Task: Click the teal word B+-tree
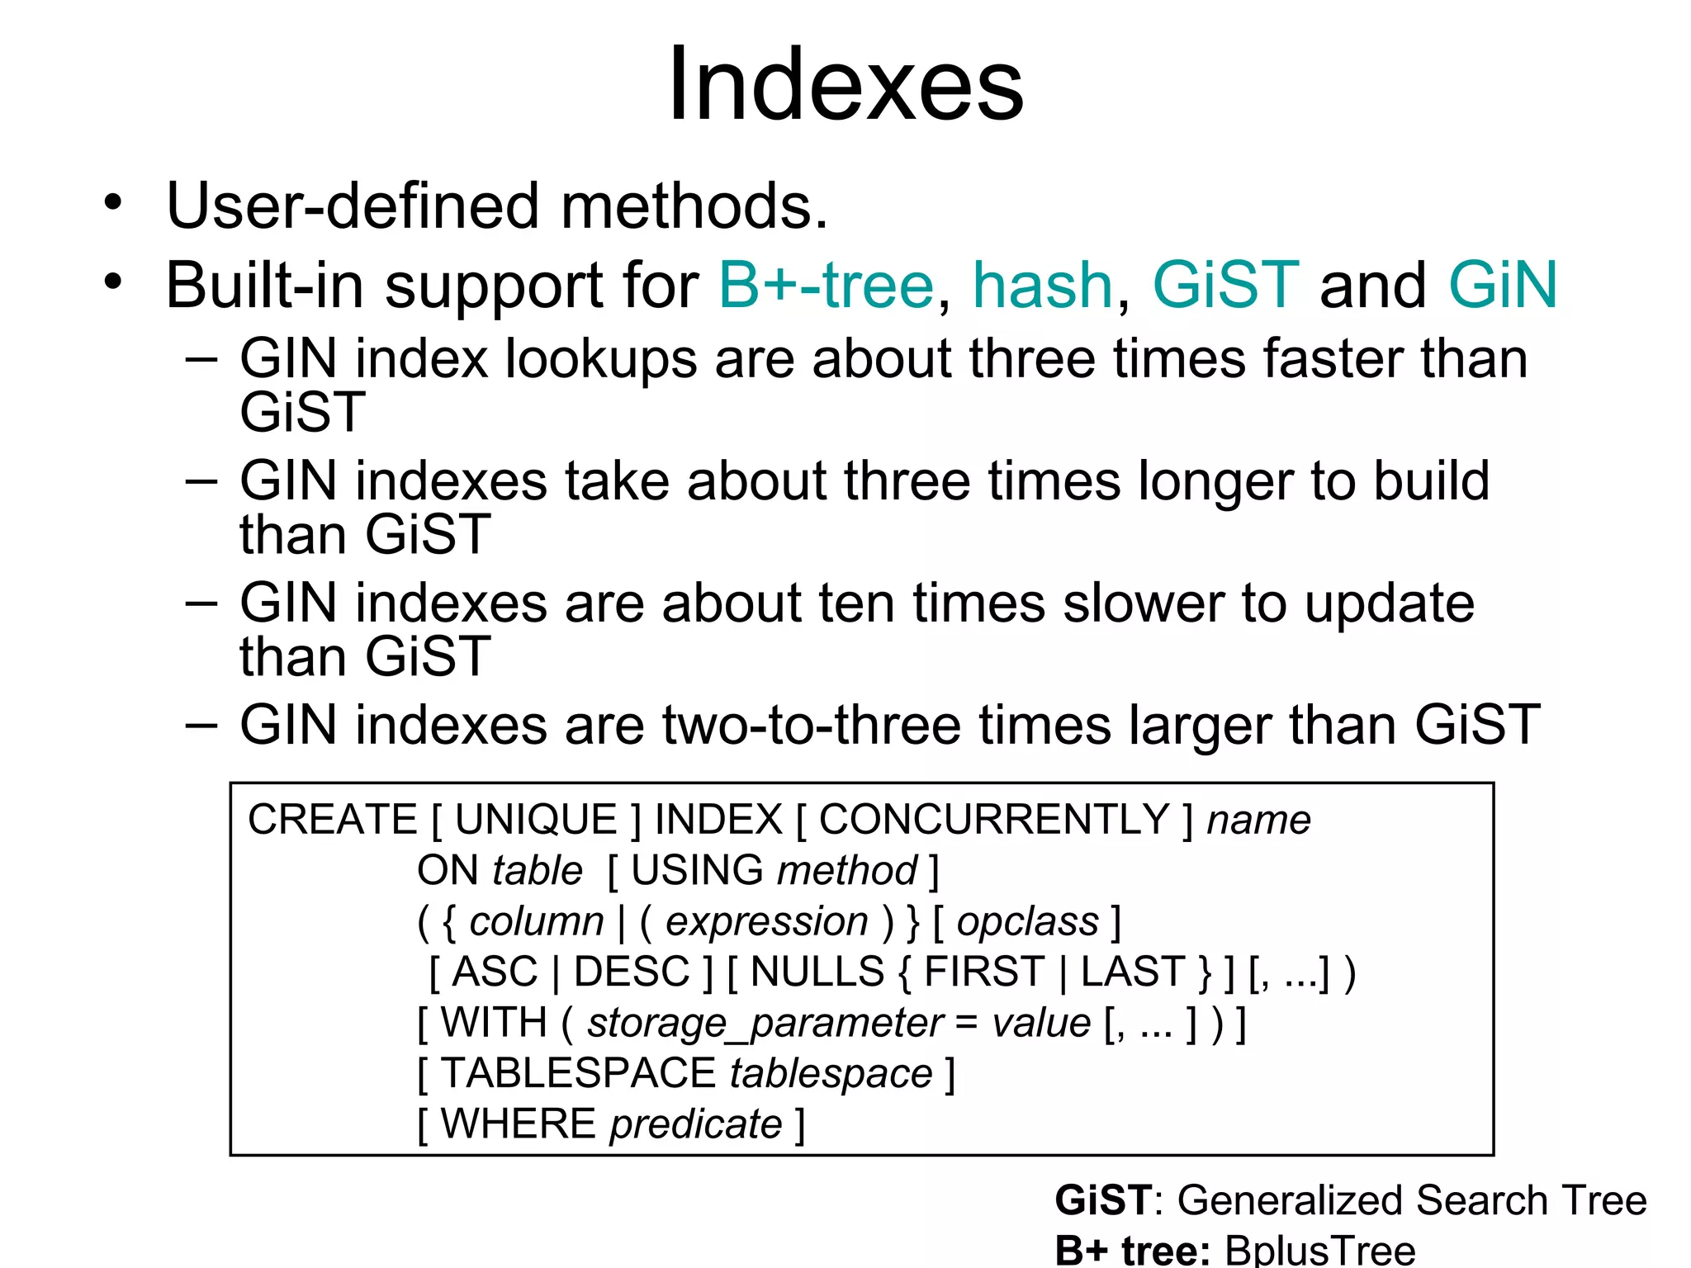[825, 286]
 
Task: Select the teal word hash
[1042, 286]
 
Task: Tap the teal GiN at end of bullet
[1502, 286]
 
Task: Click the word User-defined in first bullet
[352, 206]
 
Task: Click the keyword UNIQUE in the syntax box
[536, 820]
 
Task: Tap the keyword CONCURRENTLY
[993, 820]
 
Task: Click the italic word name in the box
[1258, 821]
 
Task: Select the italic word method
[846, 871]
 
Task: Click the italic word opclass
[1027, 921]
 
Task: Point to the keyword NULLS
[817, 972]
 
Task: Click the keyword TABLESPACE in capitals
[577, 1073]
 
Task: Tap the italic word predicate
[695, 1124]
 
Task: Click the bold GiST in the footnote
[1102, 1200]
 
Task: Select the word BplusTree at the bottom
[1319, 1250]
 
